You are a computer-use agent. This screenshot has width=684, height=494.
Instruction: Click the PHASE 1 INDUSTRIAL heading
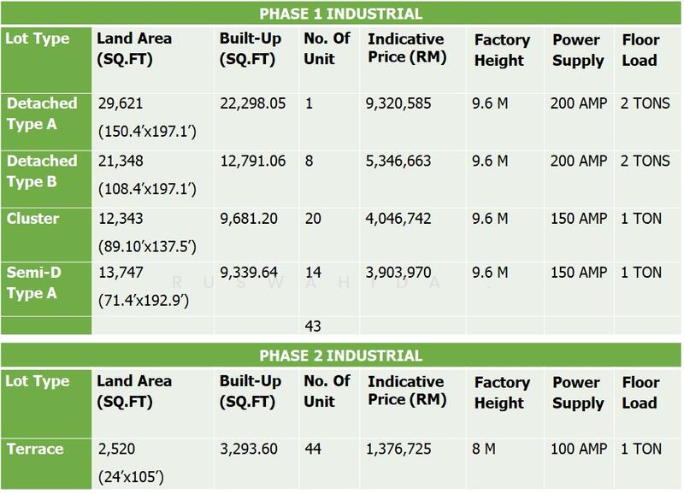point(342,15)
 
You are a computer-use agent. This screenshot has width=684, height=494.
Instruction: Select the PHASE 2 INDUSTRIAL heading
point(342,355)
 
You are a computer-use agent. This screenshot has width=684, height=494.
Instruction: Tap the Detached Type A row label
point(41,113)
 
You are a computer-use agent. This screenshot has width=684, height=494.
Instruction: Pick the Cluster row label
point(32,218)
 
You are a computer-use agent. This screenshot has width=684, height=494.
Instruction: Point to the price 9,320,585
point(400,104)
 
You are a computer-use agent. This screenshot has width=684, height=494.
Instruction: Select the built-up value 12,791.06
point(255,162)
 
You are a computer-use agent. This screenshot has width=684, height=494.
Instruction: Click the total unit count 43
point(313,326)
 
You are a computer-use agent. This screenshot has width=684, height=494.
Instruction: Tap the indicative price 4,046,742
point(400,219)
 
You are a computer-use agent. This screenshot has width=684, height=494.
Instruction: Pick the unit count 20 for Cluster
point(313,219)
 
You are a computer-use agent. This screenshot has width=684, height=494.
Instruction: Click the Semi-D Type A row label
point(41,283)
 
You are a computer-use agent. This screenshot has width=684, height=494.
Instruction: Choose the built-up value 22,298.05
point(255,104)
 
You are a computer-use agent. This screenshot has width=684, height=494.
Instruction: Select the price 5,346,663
point(400,162)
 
